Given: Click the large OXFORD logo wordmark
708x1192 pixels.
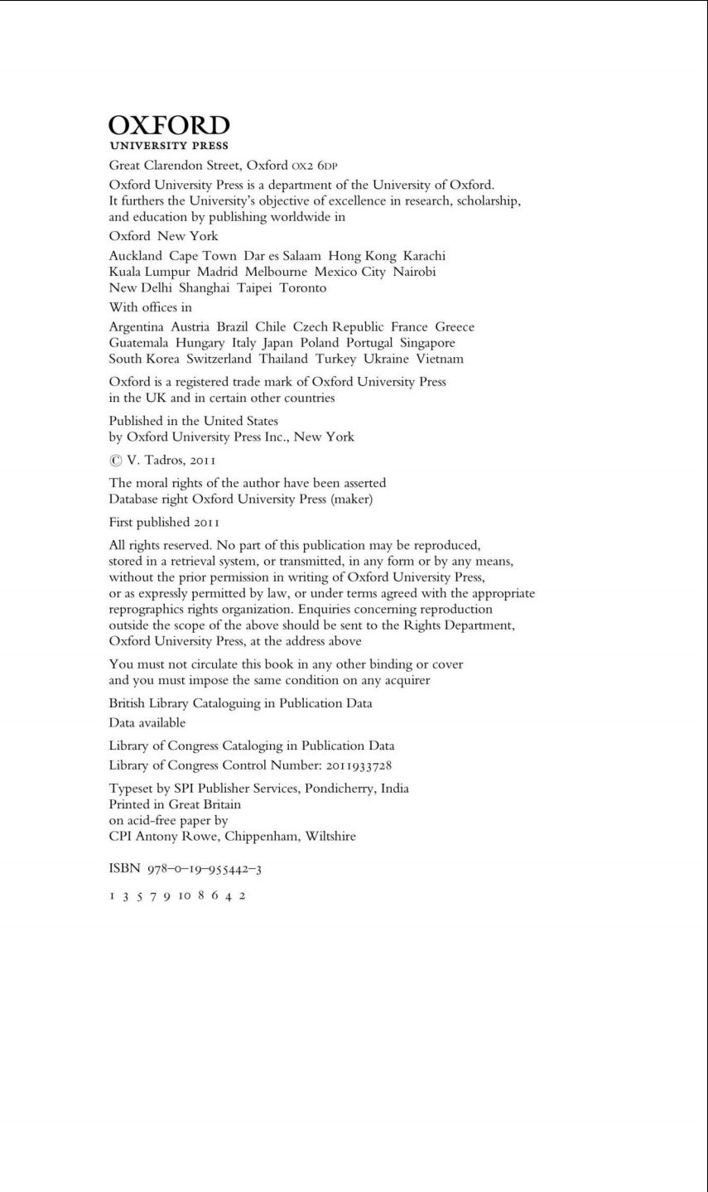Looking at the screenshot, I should pyautogui.click(x=169, y=126).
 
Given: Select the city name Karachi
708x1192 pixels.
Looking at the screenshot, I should pyautogui.click(x=424, y=256).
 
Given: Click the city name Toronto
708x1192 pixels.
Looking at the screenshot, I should pyautogui.click(x=303, y=288).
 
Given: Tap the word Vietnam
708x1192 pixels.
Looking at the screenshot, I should pyautogui.click(x=440, y=359).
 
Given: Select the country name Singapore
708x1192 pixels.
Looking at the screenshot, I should pyautogui.click(x=427, y=343).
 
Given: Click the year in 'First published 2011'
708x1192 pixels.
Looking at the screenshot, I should pyautogui.click(x=206, y=523).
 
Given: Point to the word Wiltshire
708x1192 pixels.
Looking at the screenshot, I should pyautogui.click(x=330, y=837).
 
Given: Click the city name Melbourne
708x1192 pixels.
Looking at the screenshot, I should pyautogui.click(x=276, y=272).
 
